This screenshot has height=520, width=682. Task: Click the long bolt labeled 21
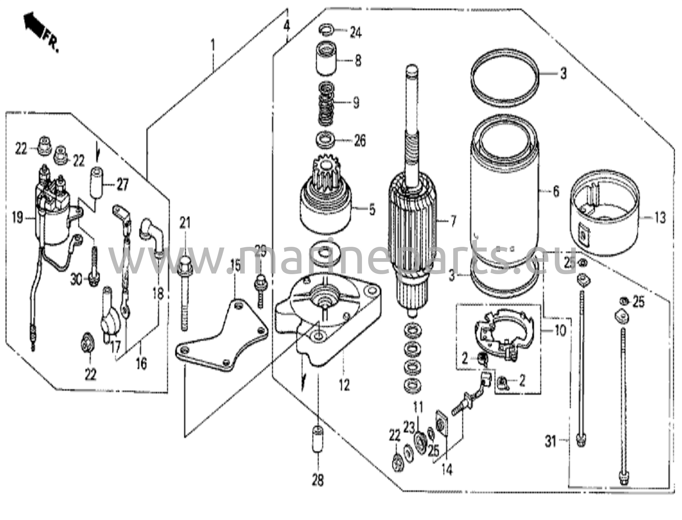tap(185, 293)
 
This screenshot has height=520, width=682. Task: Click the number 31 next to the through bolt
tap(550, 442)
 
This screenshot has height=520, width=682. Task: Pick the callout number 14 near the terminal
tap(447, 469)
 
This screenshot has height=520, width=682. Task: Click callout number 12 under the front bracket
tap(344, 385)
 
